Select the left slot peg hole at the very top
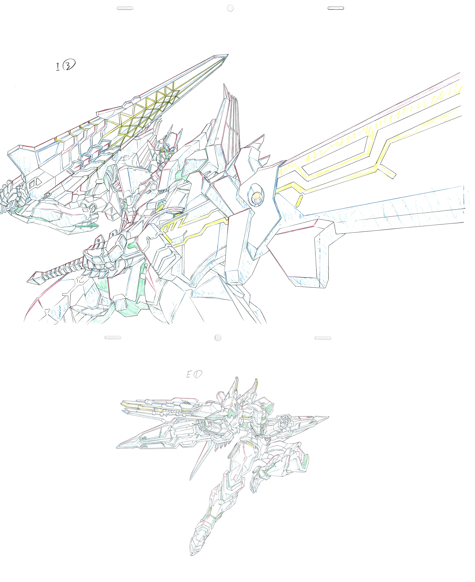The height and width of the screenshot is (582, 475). click(x=125, y=8)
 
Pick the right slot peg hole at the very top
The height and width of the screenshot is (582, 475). click(x=336, y=8)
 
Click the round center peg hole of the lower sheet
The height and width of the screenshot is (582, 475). click(x=218, y=338)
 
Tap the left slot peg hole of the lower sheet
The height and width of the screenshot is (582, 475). click(x=113, y=338)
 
